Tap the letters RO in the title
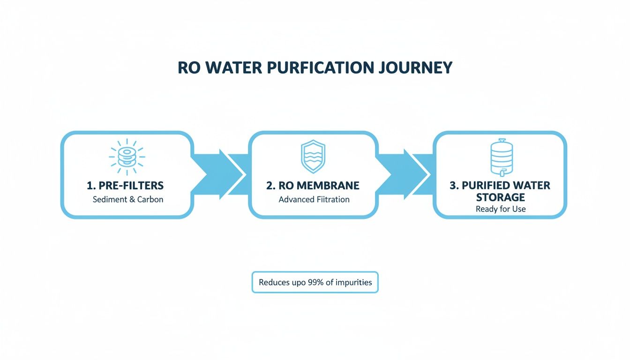[188, 67]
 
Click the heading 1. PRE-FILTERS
[125, 186]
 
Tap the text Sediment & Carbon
[128, 200]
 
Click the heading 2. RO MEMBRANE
[313, 186]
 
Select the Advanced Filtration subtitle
[314, 200]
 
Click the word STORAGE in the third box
[500, 197]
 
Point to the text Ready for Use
[501, 209]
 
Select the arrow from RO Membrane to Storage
[405, 175]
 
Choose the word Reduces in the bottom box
[274, 283]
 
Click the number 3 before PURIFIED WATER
[453, 186]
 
